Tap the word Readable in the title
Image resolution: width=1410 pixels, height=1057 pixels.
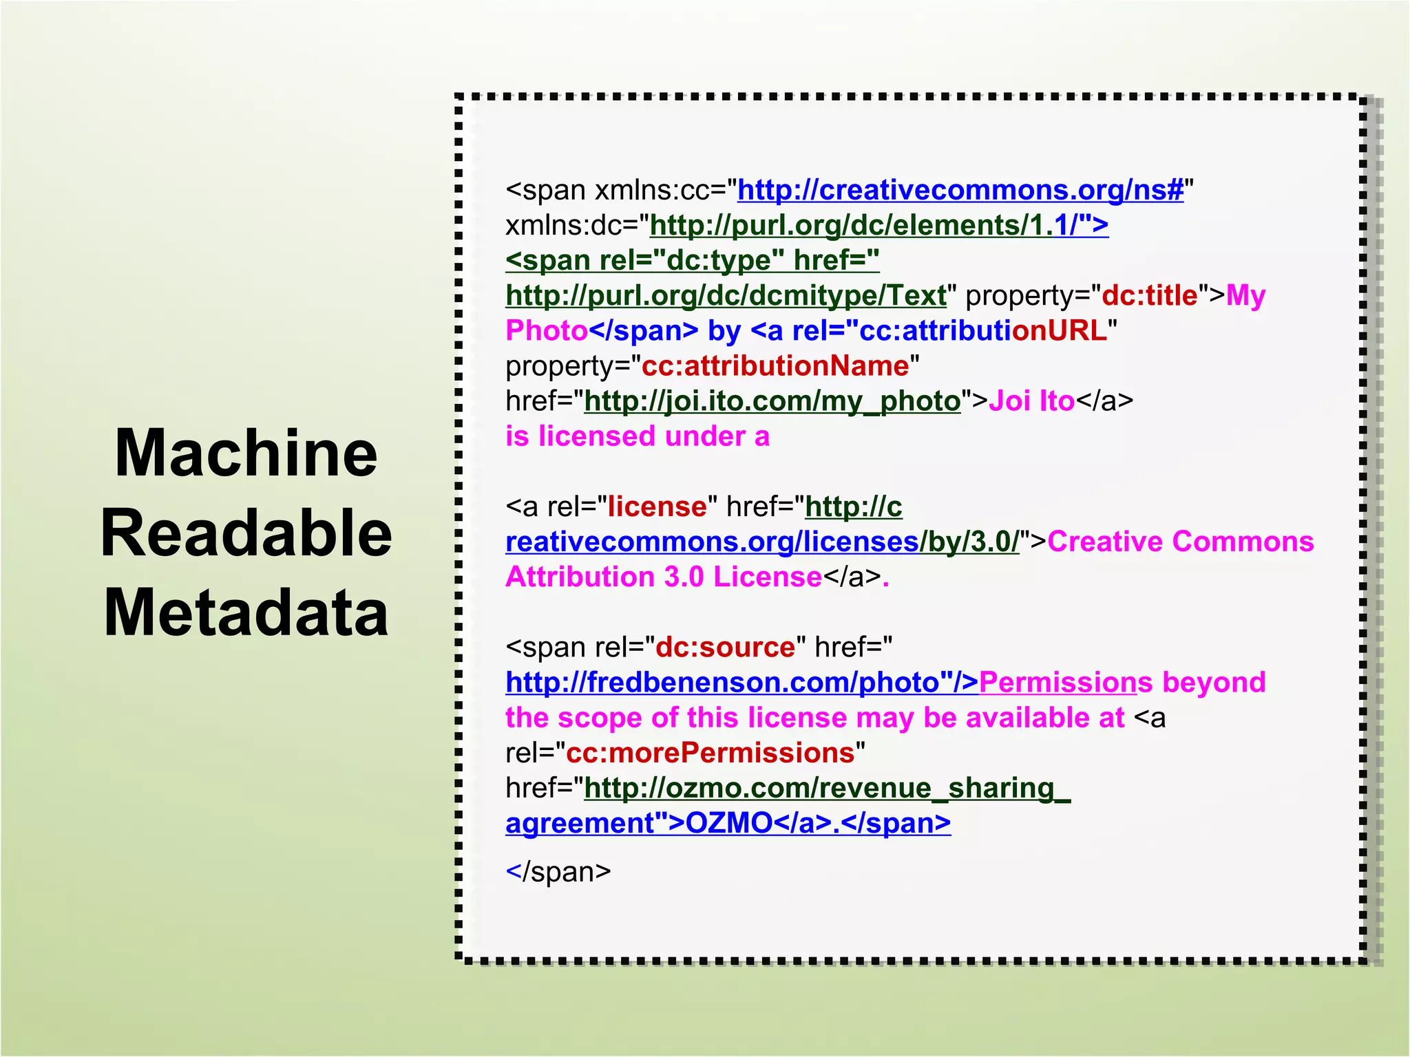[246, 533]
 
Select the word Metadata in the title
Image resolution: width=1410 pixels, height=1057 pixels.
[246, 612]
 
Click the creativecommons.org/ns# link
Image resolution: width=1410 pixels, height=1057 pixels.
[960, 191]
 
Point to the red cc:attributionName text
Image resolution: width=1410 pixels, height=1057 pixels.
[775, 366]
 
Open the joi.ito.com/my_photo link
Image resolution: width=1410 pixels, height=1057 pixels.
[772, 401]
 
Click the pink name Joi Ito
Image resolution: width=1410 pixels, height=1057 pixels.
[1031, 401]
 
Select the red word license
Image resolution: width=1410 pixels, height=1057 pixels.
[657, 507]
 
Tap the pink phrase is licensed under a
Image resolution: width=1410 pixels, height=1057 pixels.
[637, 437]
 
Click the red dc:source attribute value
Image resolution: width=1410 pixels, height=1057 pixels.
[725, 648]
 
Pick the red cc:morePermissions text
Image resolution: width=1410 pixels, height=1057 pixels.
[710, 753]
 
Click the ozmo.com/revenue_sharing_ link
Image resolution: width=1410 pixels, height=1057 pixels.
[827, 788]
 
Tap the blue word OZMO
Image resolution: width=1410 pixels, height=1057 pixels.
[730, 823]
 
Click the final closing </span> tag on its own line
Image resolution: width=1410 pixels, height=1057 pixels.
[558, 872]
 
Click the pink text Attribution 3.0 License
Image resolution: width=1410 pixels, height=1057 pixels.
[664, 577]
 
